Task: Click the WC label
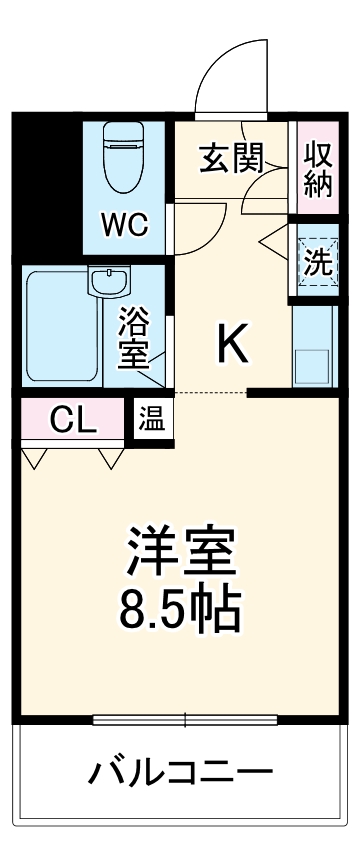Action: pyautogui.click(x=126, y=224)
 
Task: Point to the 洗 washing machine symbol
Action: pyautogui.click(x=318, y=262)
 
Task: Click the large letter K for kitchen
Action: pyautogui.click(x=232, y=345)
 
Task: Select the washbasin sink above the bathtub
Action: pyautogui.click(x=107, y=282)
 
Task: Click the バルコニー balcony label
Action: pyautogui.click(x=181, y=773)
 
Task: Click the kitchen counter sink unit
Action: pyautogui.click(x=314, y=345)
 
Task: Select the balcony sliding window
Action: pyautogui.click(x=186, y=718)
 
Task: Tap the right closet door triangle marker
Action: pyautogui.click(x=111, y=459)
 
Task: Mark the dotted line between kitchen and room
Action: pyautogui.click(x=205, y=392)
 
